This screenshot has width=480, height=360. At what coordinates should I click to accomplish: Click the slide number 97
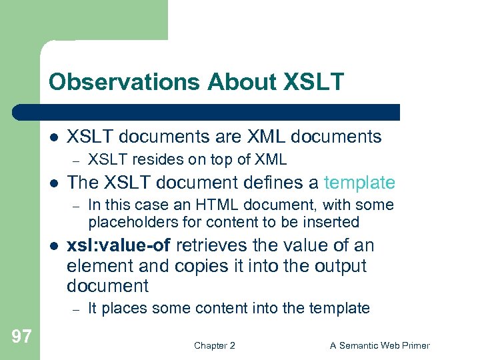point(21,336)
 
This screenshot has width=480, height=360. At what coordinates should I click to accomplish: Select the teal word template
point(359,183)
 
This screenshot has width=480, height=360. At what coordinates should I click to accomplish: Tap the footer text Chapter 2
point(214,345)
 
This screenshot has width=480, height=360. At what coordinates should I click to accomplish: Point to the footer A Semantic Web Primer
point(380,345)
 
